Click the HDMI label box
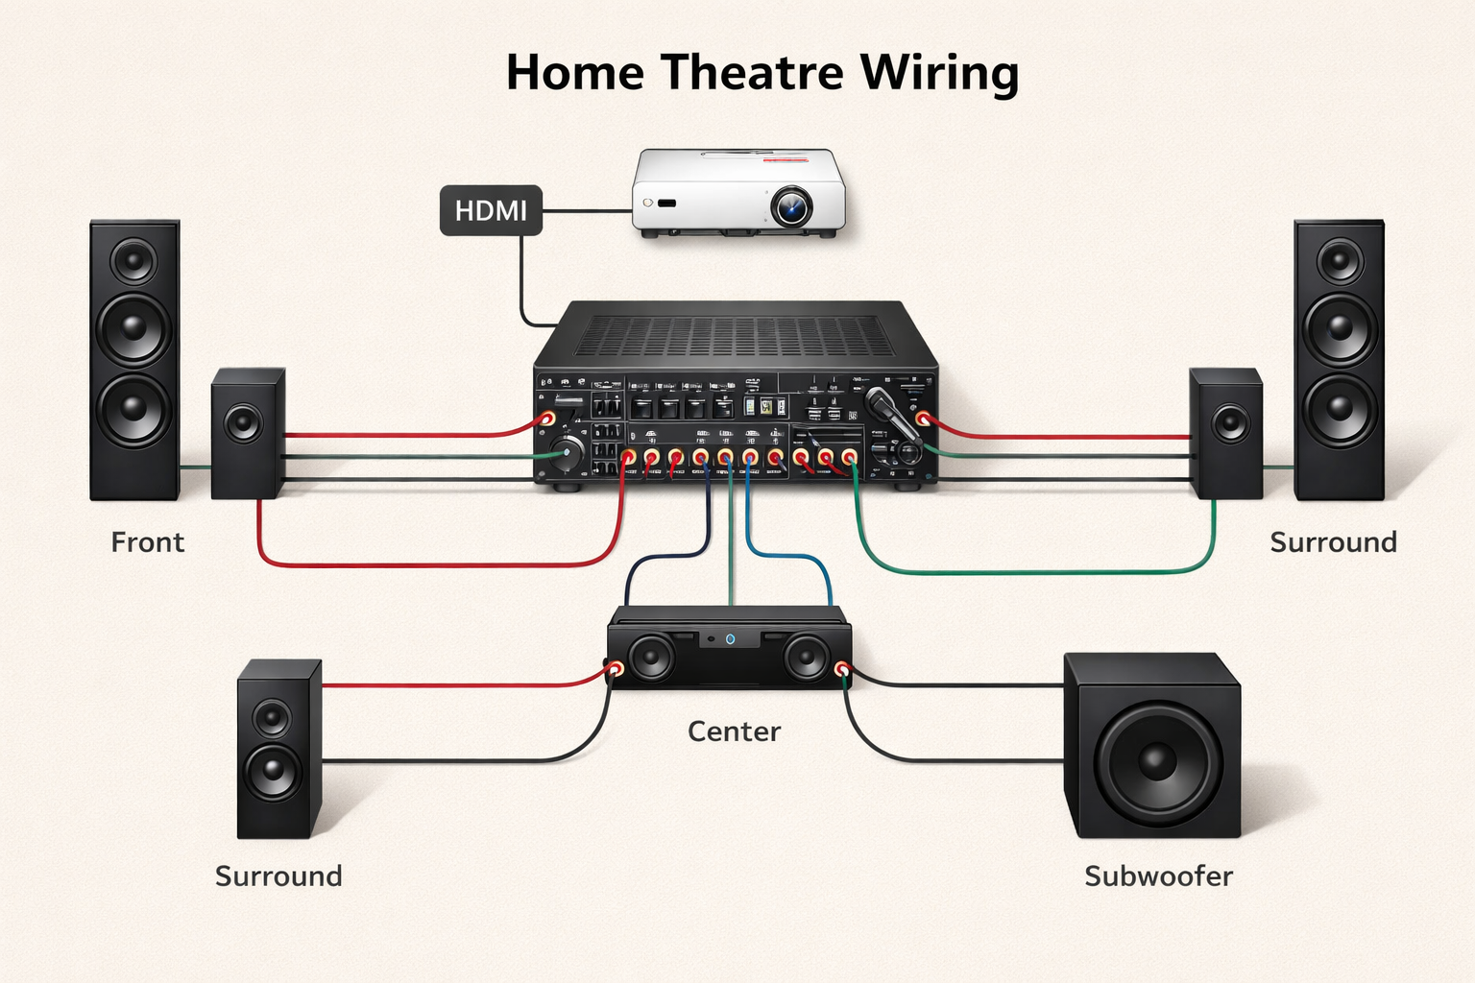coord(491,210)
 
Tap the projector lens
coord(791,205)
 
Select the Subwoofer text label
coord(1158,875)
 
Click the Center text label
coord(734,731)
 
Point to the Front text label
coord(147,542)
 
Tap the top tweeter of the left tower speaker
coord(133,260)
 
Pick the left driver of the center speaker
coord(652,658)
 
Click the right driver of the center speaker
coord(806,658)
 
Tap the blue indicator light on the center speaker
coord(730,638)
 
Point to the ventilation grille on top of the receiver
coord(735,336)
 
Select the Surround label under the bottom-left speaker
coord(278,875)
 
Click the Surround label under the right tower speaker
coord(1333,542)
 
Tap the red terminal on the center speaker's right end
coord(842,668)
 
